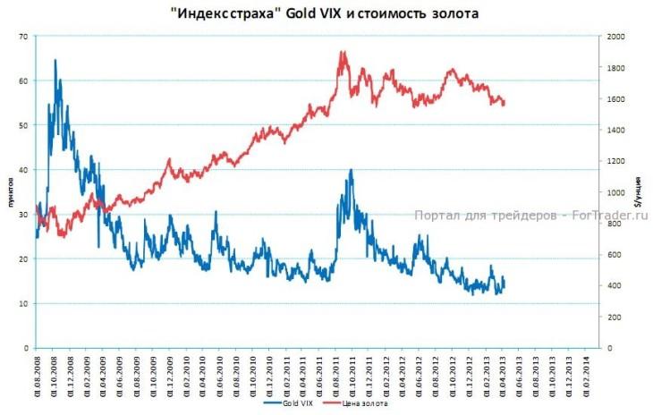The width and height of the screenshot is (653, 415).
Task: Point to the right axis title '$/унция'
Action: click(x=637, y=191)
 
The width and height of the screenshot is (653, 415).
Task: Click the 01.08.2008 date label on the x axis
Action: click(x=37, y=374)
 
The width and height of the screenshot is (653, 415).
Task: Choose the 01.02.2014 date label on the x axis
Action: click(x=585, y=374)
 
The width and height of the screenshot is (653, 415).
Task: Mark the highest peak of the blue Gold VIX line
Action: click(x=55, y=60)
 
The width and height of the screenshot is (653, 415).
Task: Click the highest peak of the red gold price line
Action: click(x=343, y=52)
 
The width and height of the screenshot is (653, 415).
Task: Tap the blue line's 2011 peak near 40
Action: click(x=351, y=170)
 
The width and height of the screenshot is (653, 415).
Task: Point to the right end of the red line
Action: click(x=505, y=102)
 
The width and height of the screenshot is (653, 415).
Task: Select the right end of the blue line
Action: click(x=505, y=281)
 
